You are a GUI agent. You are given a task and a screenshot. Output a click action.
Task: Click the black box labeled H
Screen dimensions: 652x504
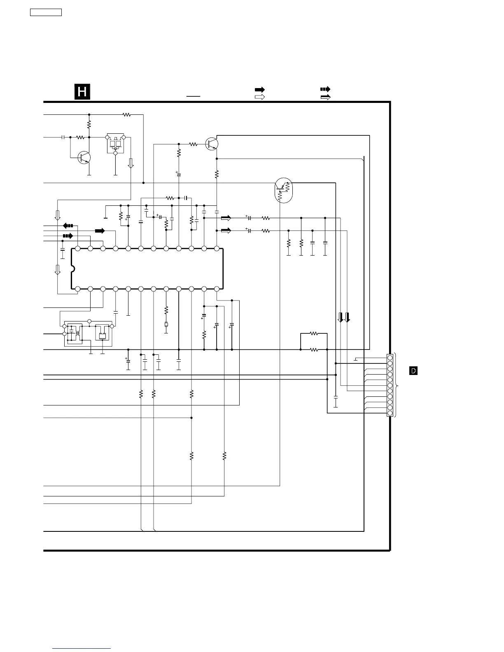point(82,91)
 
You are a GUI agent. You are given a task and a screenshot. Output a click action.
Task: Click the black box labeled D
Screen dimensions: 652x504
point(413,371)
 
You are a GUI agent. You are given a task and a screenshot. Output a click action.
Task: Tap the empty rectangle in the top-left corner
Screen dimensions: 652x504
point(46,12)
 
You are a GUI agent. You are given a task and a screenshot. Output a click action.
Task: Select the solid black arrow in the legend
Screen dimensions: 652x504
point(259,89)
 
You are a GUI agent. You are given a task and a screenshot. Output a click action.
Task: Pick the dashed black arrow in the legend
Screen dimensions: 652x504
point(325,89)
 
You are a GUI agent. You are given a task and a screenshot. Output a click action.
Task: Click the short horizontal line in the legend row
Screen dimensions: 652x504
point(193,96)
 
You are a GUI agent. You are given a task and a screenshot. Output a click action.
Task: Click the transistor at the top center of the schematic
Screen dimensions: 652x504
point(212,144)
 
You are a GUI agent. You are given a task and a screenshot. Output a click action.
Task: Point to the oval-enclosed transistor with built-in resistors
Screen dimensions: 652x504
point(283,190)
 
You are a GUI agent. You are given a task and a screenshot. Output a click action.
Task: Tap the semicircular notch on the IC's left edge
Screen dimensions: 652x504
point(73,269)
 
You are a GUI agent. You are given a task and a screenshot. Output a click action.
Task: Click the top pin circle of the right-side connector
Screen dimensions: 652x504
point(390,357)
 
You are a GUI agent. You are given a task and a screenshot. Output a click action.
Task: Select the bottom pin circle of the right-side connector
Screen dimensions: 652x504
point(390,413)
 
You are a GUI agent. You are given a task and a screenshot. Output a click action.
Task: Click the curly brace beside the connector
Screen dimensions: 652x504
point(397,385)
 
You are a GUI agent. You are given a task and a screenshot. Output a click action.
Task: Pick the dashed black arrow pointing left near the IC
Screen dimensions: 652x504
point(68,226)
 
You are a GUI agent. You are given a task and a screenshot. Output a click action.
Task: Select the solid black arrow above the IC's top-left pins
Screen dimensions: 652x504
point(100,231)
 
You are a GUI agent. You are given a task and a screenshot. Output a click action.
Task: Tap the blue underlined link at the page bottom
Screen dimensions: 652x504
point(82,649)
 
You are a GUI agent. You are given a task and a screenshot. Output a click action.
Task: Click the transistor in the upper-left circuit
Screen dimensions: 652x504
point(84,157)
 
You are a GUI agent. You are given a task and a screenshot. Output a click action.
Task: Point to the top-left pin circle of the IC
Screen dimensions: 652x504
point(78,249)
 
